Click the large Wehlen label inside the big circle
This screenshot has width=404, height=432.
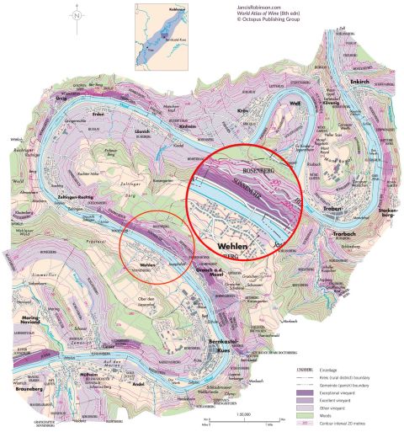(x=233, y=246)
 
